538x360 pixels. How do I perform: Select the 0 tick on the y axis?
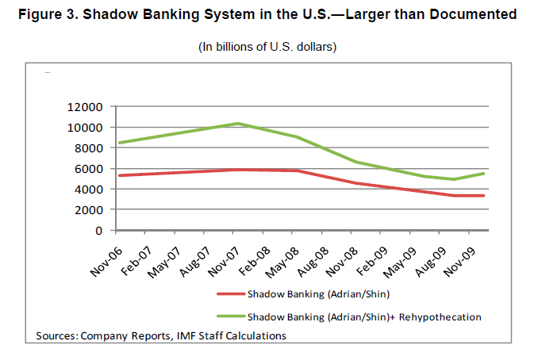click(99, 231)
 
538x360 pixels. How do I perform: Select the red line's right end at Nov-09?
click(484, 196)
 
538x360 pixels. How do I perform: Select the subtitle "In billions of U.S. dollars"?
click(267, 48)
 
